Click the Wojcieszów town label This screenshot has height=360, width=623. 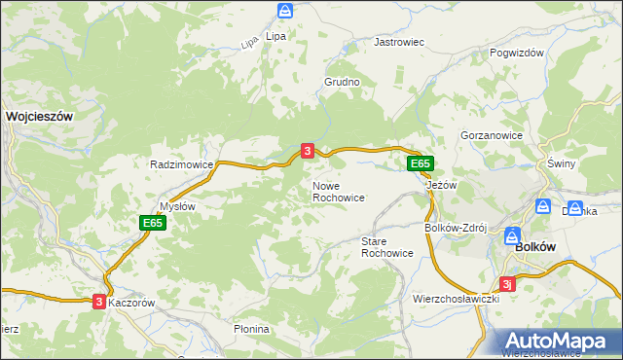[x=40, y=115]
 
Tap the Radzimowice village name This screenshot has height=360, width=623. [x=181, y=165]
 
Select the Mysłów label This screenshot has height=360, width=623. [x=177, y=206]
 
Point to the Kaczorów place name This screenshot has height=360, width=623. [x=132, y=303]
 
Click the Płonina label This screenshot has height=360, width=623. [x=251, y=329]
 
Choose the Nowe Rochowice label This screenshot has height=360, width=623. [x=338, y=191]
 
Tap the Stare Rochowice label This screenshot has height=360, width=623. [x=386, y=246]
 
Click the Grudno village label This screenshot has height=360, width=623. [x=343, y=83]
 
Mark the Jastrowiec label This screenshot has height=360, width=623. [x=400, y=43]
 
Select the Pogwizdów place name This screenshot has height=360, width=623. [x=517, y=54]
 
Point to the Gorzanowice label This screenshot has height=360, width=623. [x=492, y=135]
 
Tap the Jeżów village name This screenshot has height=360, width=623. [x=441, y=185]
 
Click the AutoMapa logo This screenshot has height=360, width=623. [x=560, y=341]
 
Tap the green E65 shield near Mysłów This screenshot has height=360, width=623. [x=152, y=223]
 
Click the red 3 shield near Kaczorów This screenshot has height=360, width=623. [x=99, y=302]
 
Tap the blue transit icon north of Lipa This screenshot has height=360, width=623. [x=284, y=11]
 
